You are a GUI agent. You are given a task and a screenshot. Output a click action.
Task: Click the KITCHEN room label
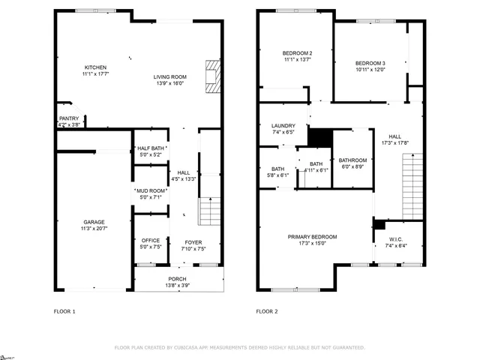point(94,67)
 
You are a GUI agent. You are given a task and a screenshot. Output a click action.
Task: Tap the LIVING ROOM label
point(170,76)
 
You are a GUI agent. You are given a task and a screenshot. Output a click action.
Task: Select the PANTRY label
point(69,118)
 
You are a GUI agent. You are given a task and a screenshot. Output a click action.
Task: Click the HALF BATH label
point(151,148)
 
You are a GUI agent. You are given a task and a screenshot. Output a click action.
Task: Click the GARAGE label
point(94,223)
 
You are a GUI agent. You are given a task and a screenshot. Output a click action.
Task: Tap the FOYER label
point(193,242)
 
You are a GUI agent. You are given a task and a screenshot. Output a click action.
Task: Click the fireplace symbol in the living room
point(213,76)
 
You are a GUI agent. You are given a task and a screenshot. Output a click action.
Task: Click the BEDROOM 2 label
point(297,53)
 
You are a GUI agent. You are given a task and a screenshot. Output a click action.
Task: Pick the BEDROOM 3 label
point(370,63)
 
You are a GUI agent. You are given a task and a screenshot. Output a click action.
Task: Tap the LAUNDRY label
point(283,126)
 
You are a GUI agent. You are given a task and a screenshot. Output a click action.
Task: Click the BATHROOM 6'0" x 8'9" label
point(352,160)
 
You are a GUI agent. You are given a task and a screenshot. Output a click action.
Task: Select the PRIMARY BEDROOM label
point(313,237)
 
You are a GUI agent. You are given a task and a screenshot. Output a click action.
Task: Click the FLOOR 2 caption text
point(267,311)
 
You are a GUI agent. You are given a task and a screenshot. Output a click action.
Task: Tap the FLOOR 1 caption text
point(64,311)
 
